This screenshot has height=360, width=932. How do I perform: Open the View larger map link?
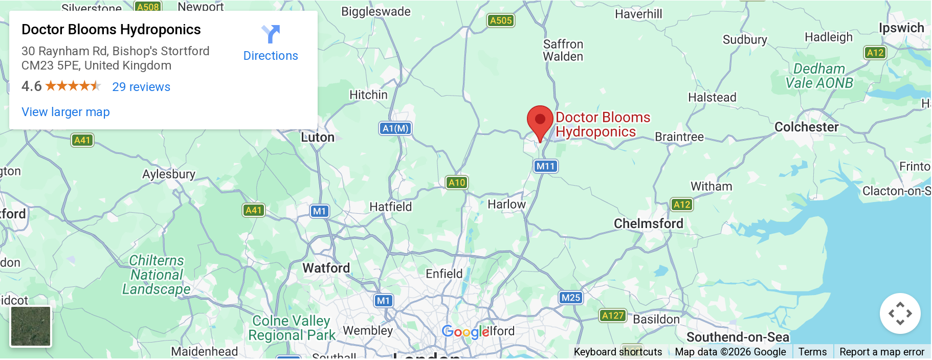65,112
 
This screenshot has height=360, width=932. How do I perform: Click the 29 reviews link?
141,87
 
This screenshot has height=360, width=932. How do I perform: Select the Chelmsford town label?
648,223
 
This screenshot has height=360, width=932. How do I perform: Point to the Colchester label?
806,127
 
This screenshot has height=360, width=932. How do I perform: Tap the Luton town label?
318,138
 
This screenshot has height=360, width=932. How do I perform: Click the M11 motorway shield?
545,166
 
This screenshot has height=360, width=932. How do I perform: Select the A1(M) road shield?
395,128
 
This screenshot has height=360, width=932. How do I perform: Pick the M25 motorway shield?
570,298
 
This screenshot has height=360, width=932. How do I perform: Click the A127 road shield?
612,316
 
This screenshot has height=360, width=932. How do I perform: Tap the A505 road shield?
500,20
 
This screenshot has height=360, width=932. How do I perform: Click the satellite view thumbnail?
31,326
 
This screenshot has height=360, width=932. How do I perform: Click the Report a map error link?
881,352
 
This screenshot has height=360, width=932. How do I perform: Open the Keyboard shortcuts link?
617,352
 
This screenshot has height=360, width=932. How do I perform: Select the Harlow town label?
506,205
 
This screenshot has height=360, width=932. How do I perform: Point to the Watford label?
326,268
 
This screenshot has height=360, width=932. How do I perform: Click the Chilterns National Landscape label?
157,275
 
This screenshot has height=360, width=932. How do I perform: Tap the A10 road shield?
456,183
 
